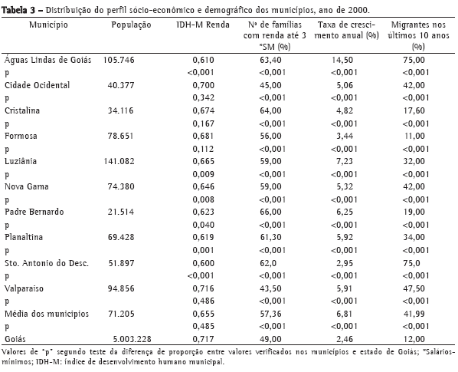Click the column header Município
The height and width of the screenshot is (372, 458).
48,25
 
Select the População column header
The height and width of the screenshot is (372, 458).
131,25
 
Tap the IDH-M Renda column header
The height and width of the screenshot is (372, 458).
203,25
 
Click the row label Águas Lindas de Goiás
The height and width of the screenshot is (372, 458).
48,60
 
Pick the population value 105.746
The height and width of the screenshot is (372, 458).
119,60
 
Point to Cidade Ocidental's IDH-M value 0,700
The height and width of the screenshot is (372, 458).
203,85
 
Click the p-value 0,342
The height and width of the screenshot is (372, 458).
203,98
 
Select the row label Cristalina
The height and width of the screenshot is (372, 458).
22,110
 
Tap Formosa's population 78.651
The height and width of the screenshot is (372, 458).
120,136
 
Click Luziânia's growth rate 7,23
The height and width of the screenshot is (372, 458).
345,161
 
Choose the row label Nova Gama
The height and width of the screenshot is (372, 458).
27,186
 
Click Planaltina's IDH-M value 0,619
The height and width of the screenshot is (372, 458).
203,237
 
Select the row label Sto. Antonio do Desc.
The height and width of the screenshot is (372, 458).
47,263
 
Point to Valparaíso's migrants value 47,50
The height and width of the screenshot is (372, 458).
414,288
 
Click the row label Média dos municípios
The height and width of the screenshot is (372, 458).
47,314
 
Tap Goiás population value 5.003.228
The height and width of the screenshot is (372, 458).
132,339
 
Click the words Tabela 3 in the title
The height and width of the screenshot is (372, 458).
18,10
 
